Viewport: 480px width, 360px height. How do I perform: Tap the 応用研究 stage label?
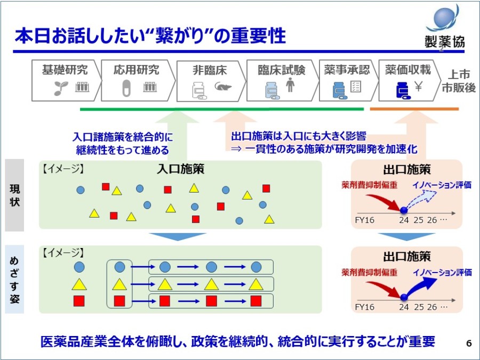tap(137, 69)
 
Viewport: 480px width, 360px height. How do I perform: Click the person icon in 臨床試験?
tap(290, 85)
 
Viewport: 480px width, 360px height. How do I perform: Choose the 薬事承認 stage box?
tap(346, 81)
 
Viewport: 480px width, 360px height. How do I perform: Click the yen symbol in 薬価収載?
tap(419, 87)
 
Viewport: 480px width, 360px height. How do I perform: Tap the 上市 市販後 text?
tap(458, 81)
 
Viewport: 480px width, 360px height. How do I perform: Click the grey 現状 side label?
tap(14, 195)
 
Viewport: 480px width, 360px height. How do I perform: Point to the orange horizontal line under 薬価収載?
tap(414, 109)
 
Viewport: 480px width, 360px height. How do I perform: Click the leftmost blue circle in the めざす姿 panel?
tap(79, 267)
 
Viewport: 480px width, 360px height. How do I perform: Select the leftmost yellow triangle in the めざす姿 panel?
tap(79, 284)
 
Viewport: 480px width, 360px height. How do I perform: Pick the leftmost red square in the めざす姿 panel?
tap(79, 301)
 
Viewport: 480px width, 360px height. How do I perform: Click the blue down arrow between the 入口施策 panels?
tap(177, 236)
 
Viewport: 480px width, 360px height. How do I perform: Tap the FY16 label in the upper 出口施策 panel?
tap(365, 219)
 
